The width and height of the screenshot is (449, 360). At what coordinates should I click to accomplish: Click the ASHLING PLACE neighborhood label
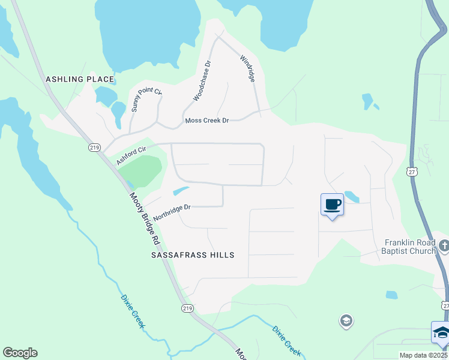(80, 79)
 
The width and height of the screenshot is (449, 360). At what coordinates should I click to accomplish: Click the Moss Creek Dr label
(207, 121)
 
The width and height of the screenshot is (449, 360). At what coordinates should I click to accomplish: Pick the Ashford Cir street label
(131, 154)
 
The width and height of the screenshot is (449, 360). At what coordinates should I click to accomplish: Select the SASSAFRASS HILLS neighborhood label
(192, 255)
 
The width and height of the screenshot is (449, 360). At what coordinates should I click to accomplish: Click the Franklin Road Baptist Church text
(410, 247)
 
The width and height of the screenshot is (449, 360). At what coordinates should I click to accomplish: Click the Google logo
(20, 353)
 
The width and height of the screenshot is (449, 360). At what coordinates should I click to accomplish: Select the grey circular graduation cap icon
(346, 322)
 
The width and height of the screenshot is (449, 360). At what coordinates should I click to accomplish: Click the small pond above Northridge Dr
(180, 191)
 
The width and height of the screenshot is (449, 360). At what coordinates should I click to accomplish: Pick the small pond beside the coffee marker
(352, 197)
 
